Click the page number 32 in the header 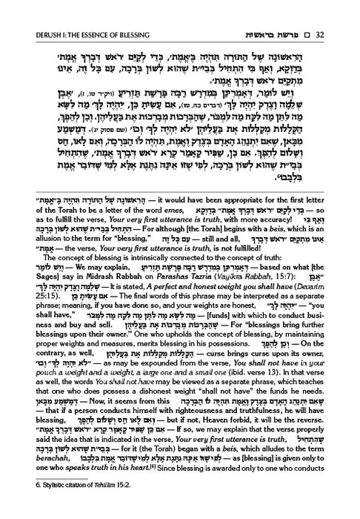point(345,12)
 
